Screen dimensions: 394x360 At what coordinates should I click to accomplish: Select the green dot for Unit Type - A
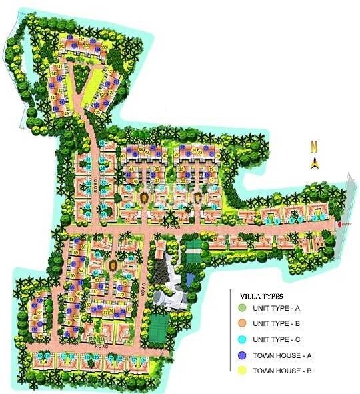pos(241,307)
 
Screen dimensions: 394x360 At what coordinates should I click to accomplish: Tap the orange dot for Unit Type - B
pos(241,323)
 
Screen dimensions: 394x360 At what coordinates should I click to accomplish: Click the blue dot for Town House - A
pos(241,354)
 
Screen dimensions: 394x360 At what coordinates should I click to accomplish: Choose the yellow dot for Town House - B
pos(241,370)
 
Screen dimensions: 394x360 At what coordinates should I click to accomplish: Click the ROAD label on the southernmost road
pos(101,347)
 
